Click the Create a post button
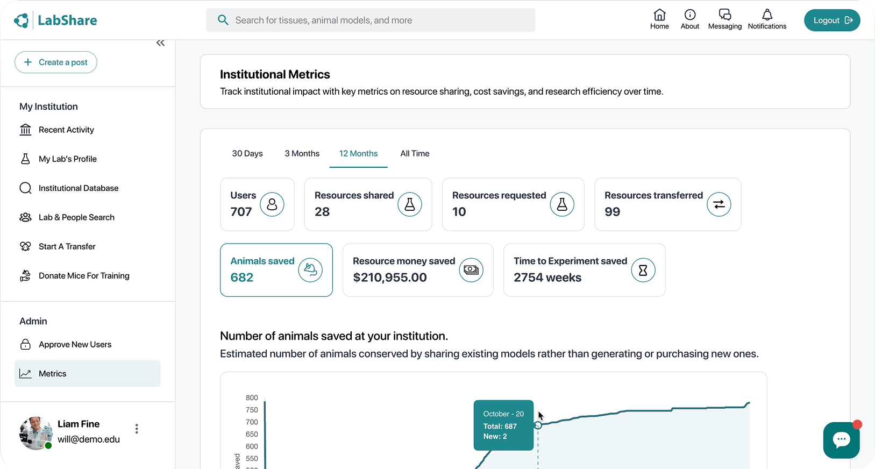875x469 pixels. coord(56,62)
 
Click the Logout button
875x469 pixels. coord(831,20)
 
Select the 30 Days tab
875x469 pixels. coord(247,154)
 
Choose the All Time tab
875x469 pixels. coord(415,154)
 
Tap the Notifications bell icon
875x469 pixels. coord(767,15)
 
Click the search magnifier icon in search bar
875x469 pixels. coord(223,20)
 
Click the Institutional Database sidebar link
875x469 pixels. coord(79,188)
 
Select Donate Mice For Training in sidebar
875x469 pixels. coord(84,276)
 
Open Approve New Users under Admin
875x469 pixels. coord(75,345)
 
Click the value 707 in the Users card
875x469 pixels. coord(241,212)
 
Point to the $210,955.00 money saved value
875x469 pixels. coord(390,278)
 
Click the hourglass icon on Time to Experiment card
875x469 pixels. coord(643,270)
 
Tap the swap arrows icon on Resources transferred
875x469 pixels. coord(719,204)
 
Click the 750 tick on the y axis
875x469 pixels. coord(252,410)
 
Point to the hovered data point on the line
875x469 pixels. coord(538,425)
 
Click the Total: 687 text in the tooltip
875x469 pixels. coord(500,427)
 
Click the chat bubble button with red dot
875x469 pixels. coord(841,440)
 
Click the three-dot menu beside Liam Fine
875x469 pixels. coord(137,429)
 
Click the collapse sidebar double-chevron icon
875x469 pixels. coord(160,43)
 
